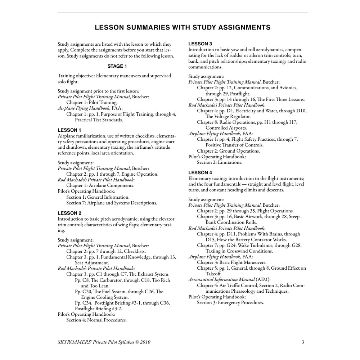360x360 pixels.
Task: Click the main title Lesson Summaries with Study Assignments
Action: pos(183,27)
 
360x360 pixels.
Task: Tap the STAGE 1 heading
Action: pos(117,66)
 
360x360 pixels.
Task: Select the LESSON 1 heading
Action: pos(69,130)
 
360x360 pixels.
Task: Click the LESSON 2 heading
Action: pos(69,213)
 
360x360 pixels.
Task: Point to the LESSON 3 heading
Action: pos(200,44)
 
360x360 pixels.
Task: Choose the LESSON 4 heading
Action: pos(200,172)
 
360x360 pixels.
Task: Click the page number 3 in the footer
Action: pos(303,342)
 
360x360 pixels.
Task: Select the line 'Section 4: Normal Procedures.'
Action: pos(96,320)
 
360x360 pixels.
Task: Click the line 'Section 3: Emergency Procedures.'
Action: pos(230,303)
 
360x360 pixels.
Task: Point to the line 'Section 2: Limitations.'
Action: pos(219,162)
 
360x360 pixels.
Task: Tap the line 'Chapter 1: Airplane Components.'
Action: pos(100,186)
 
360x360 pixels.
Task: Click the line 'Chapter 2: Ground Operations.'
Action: pos(228,151)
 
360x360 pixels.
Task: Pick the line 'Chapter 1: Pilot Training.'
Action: pos(92,102)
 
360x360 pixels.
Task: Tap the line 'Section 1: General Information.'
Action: pos(98,197)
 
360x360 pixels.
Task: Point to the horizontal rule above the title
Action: pos(183,13)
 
